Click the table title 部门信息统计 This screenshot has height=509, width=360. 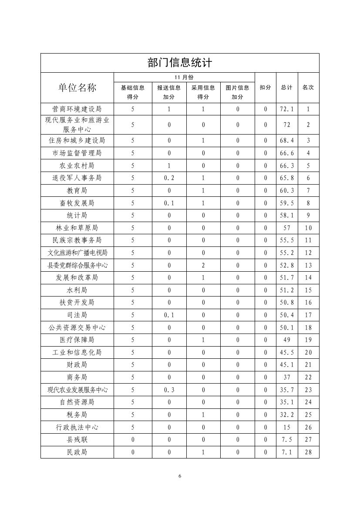(x=180, y=63)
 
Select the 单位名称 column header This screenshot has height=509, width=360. (x=77, y=87)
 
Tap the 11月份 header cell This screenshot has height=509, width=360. (x=184, y=77)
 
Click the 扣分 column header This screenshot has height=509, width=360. (x=265, y=87)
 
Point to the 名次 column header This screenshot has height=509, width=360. (x=308, y=87)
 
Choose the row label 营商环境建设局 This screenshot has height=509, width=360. (x=77, y=109)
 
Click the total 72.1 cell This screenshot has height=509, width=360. (x=287, y=109)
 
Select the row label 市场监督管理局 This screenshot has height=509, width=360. (x=77, y=153)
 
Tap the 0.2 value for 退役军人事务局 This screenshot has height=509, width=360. (x=169, y=178)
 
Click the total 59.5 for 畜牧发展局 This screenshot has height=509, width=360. (x=287, y=203)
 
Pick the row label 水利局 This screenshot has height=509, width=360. (x=77, y=290)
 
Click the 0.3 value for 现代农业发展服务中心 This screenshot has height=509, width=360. (x=169, y=390)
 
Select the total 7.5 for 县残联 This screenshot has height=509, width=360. (x=287, y=439)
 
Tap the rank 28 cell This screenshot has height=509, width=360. (x=308, y=452)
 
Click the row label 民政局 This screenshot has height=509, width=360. (x=77, y=452)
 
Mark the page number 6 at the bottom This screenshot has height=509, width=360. (x=180, y=476)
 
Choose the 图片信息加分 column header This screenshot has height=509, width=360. (x=237, y=92)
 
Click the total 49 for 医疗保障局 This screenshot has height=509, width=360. (x=287, y=340)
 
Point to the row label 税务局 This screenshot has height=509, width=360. (x=77, y=415)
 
